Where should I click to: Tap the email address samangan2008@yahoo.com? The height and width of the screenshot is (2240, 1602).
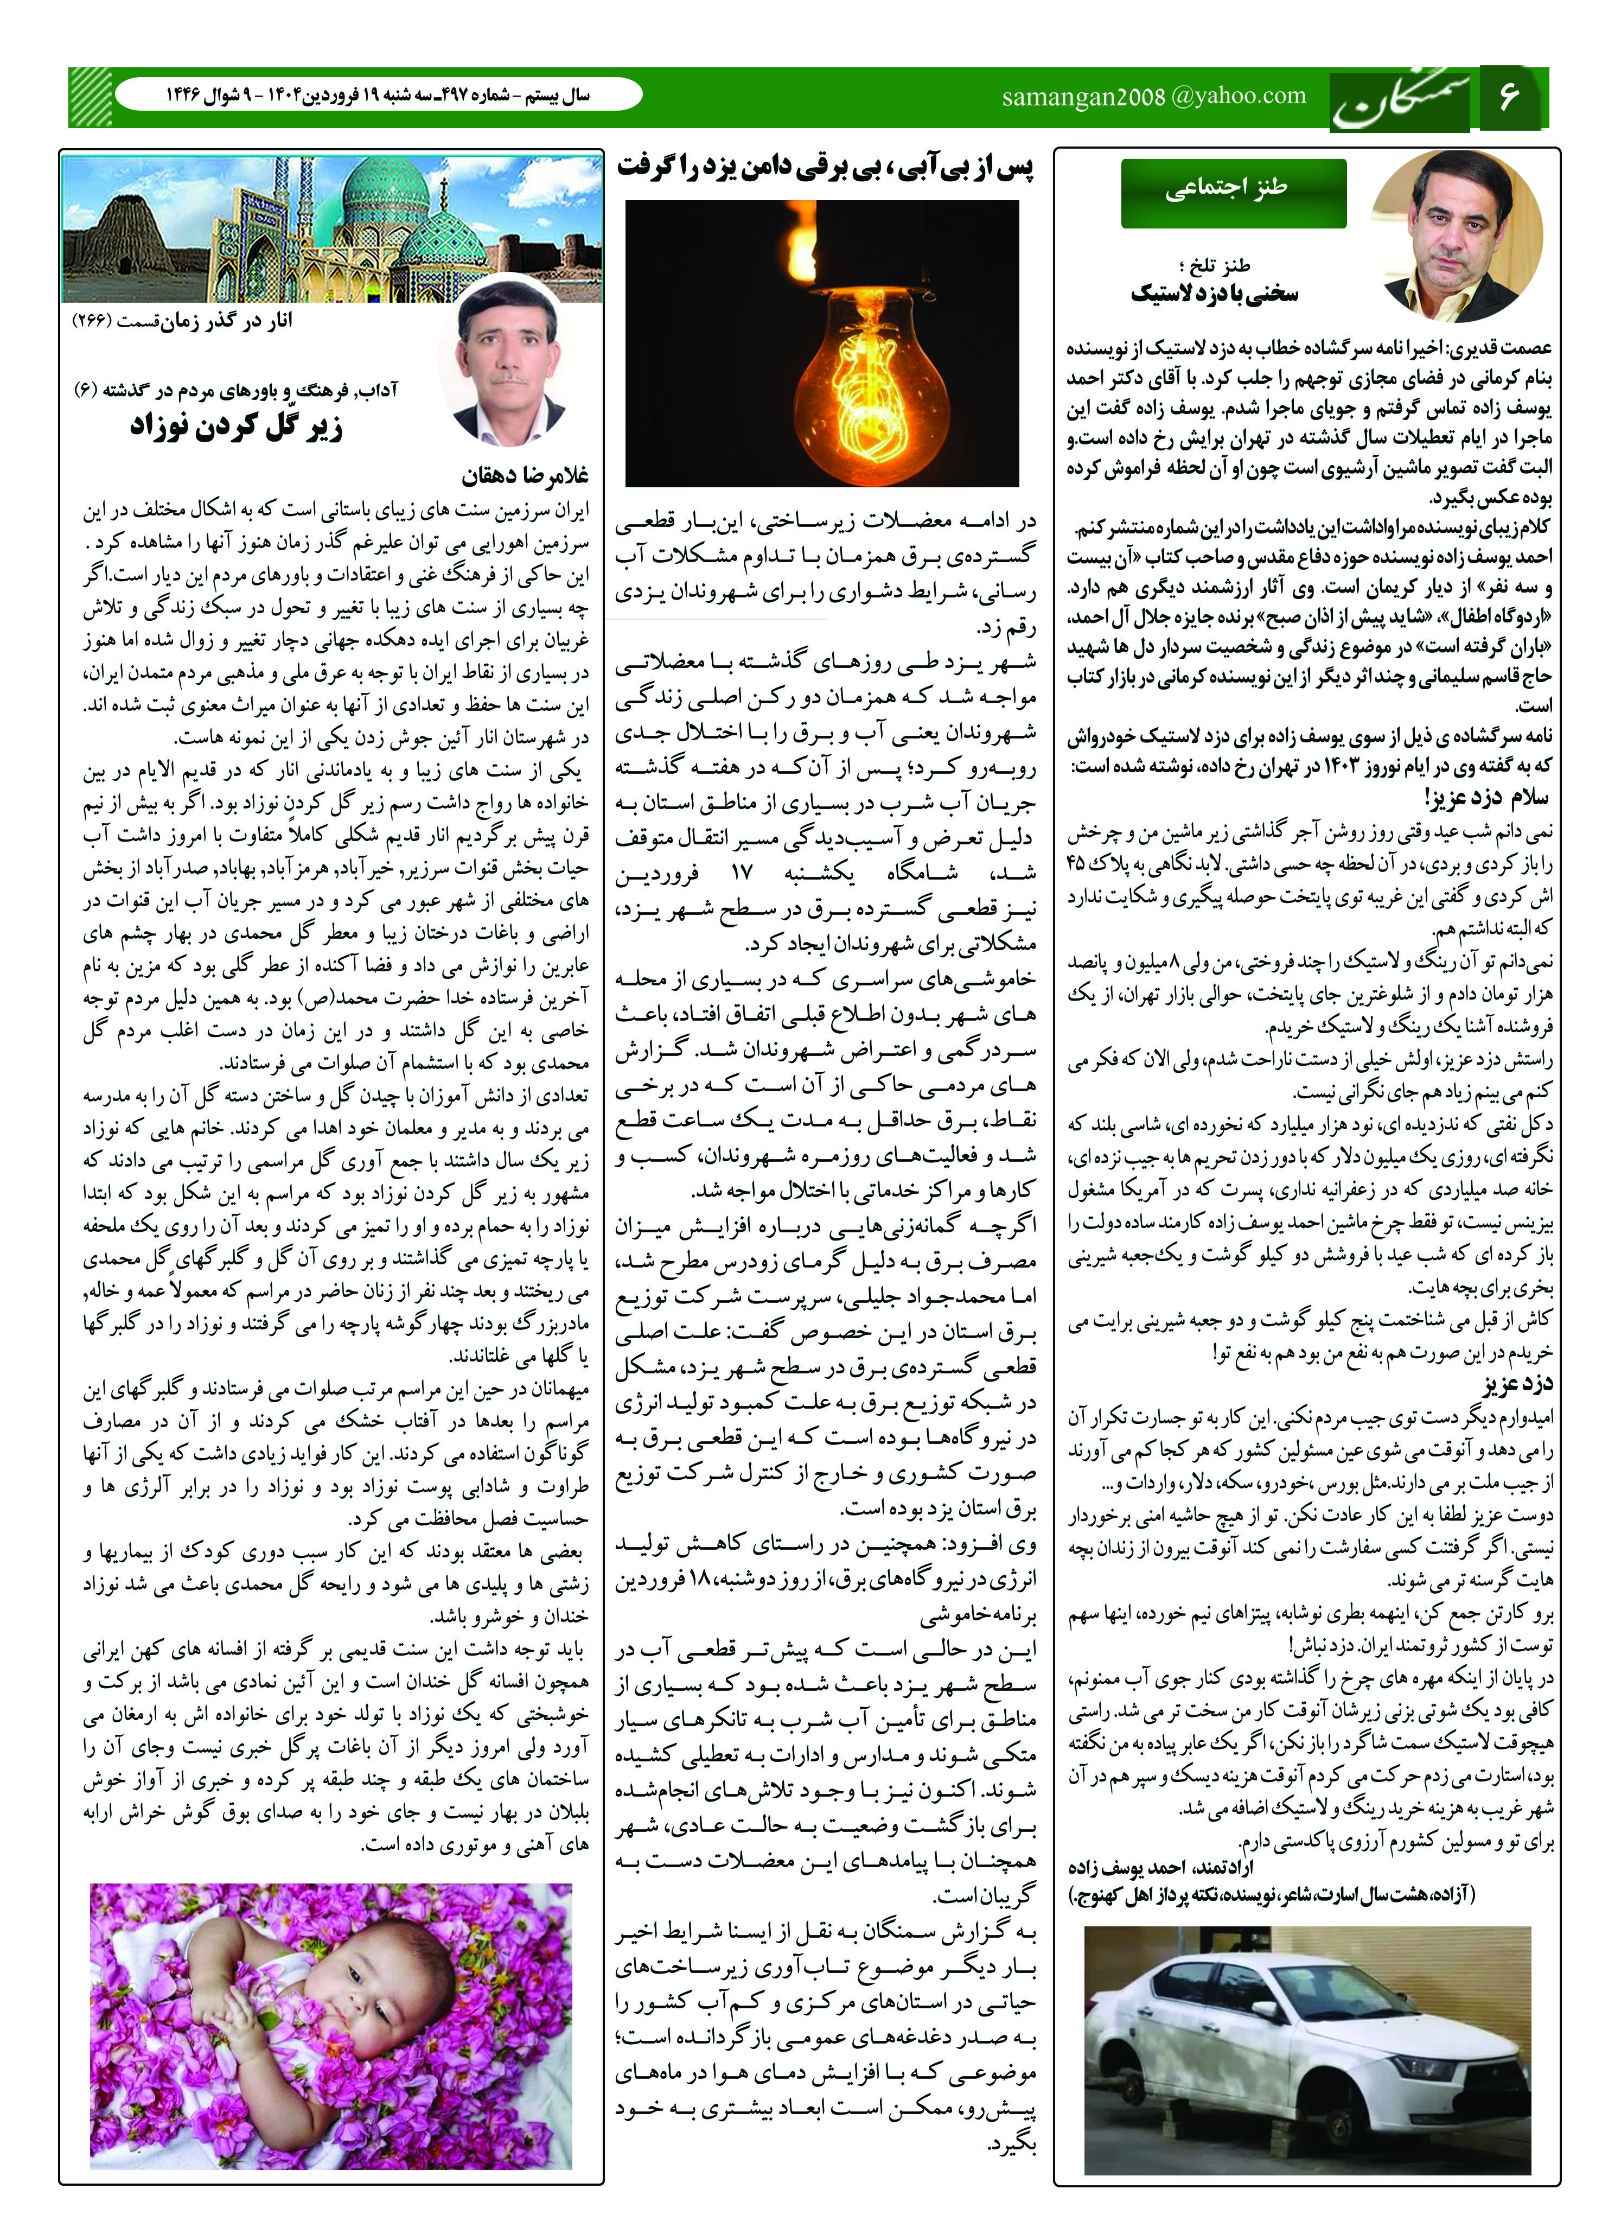click(x=1153, y=97)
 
